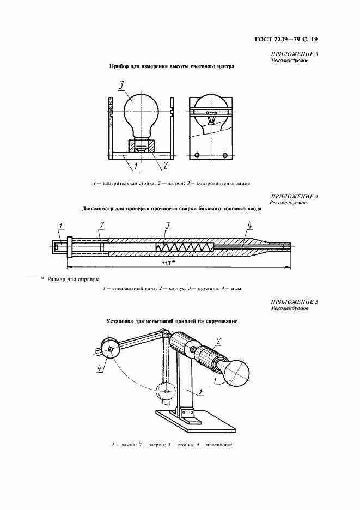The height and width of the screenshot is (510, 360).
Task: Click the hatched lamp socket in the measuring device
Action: click(141, 147)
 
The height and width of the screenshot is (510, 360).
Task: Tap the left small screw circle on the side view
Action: click(199, 154)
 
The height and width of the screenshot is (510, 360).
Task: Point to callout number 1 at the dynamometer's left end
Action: click(60, 224)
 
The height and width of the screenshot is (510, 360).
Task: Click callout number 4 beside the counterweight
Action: click(100, 368)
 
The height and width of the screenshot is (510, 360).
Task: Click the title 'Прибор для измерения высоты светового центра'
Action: click(172, 68)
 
